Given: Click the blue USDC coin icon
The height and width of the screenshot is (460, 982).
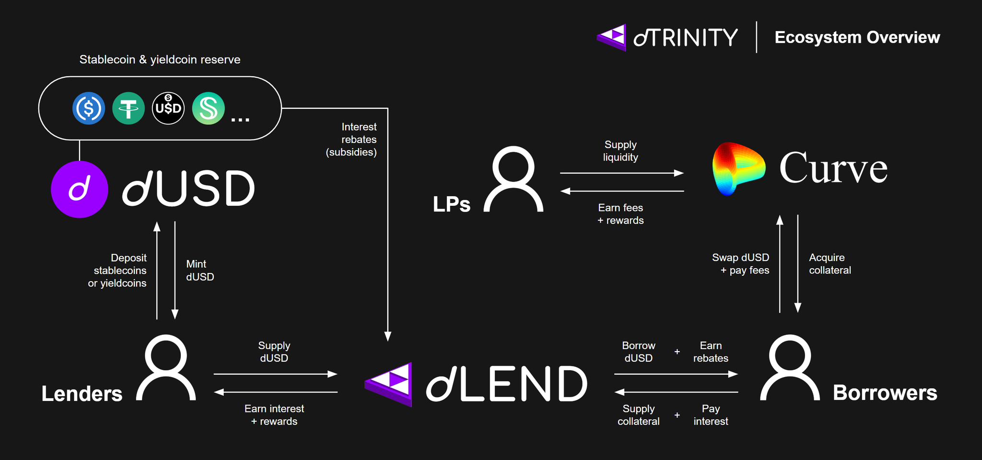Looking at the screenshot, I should pyautogui.click(x=89, y=108).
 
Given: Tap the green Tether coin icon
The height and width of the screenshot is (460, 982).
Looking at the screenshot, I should pyautogui.click(x=129, y=108).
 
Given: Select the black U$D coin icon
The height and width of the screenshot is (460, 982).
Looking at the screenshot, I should pyautogui.click(x=168, y=108).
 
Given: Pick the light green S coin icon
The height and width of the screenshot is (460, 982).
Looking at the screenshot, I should pyautogui.click(x=208, y=108).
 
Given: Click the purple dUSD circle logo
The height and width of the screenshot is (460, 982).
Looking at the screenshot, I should pyautogui.click(x=80, y=189).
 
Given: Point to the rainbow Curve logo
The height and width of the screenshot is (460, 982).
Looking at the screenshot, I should pyautogui.click(x=738, y=168).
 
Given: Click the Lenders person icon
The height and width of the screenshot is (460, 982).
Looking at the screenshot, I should pyautogui.click(x=166, y=368).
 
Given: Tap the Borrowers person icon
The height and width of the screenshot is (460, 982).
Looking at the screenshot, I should pyautogui.click(x=790, y=368).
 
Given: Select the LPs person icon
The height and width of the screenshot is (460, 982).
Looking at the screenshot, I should pyautogui.click(x=514, y=179).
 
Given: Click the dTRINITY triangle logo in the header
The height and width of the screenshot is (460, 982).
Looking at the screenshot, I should pyautogui.click(x=612, y=37).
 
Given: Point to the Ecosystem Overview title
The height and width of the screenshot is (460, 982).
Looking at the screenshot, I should pyautogui.click(x=857, y=37).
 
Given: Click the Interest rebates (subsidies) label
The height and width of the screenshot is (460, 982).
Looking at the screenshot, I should pyautogui.click(x=352, y=140).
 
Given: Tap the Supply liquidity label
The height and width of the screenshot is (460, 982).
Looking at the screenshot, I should pyautogui.click(x=620, y=151).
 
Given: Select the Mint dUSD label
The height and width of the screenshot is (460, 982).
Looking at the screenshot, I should pyautogui.click(x=199, y=271).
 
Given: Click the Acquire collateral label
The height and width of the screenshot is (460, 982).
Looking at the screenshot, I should pyautogui.click(x=830, y=264).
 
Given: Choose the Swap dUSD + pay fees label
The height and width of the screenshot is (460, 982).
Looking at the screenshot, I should pyautogui.click(x=741, y=264).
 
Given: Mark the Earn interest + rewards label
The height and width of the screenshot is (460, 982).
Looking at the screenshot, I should pyautogui.click(x=274, y=415).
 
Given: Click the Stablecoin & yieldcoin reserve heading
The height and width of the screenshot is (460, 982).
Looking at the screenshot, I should pyautogui.click(x=160, y=59).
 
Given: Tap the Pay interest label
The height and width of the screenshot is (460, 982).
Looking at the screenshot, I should pyautogui.click(x=711, y=415).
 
